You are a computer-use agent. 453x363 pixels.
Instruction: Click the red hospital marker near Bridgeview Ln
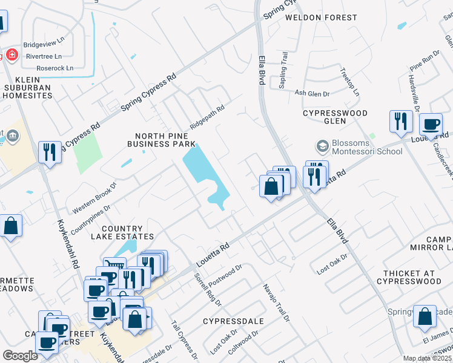click(12, 56)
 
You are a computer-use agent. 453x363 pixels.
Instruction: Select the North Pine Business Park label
click(162, 140)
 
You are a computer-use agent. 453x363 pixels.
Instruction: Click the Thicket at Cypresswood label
click(409, 277)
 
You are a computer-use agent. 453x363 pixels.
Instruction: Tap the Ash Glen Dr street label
click(312, 94)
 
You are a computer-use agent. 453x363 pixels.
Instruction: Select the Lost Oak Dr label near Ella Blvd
click(332, 264)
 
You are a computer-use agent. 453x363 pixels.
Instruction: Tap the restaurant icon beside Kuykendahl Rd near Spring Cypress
click(49, 152)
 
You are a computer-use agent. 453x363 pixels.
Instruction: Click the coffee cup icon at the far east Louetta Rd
click(431, 124)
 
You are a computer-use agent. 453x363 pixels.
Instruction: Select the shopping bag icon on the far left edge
click(11, 226)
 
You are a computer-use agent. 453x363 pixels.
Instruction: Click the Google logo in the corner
click(20, 356)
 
